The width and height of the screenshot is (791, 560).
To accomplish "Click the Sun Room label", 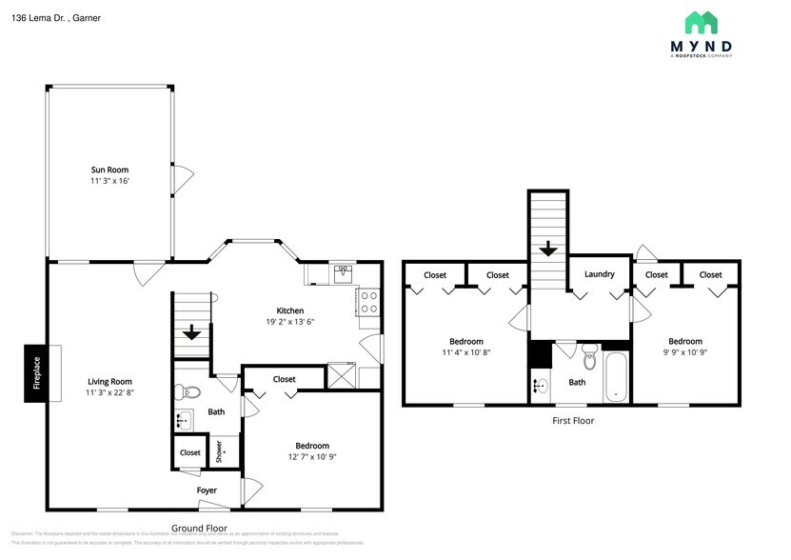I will [x=109, y=170].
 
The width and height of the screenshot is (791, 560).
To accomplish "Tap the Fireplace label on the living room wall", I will [x=37, y=372].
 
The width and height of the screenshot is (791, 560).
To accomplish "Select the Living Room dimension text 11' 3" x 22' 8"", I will [x=109, y=392].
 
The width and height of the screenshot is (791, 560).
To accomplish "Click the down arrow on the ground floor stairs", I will [x=191, y=332].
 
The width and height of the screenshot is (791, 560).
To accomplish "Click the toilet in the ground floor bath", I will [x=190, y=391].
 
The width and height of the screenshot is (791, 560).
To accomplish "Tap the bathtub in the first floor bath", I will [x=616, y=377].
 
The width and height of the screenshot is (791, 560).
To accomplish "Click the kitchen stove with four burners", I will [x=367, y=302].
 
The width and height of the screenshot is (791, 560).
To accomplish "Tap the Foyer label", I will [x=207, y=490].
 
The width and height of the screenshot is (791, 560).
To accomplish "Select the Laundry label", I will [x=599, y=274].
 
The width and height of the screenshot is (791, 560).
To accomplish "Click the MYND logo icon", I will [x=702, y=24].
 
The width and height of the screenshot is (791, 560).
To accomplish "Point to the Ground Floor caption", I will [x=199, y=528].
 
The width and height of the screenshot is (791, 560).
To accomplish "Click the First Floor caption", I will [x=573, y=420].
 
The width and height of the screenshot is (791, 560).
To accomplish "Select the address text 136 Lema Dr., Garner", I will [x=57, y=18].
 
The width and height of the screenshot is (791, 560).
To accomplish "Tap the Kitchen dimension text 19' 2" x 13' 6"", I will [x=290, y=322].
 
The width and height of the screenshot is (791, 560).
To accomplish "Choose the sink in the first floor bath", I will [x=542, y=387].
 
